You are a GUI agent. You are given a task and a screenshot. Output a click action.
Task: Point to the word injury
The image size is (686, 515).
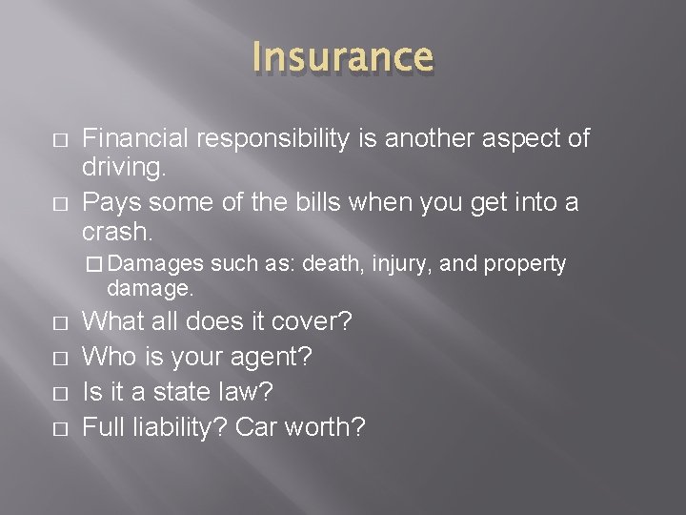(x=406, y=264)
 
